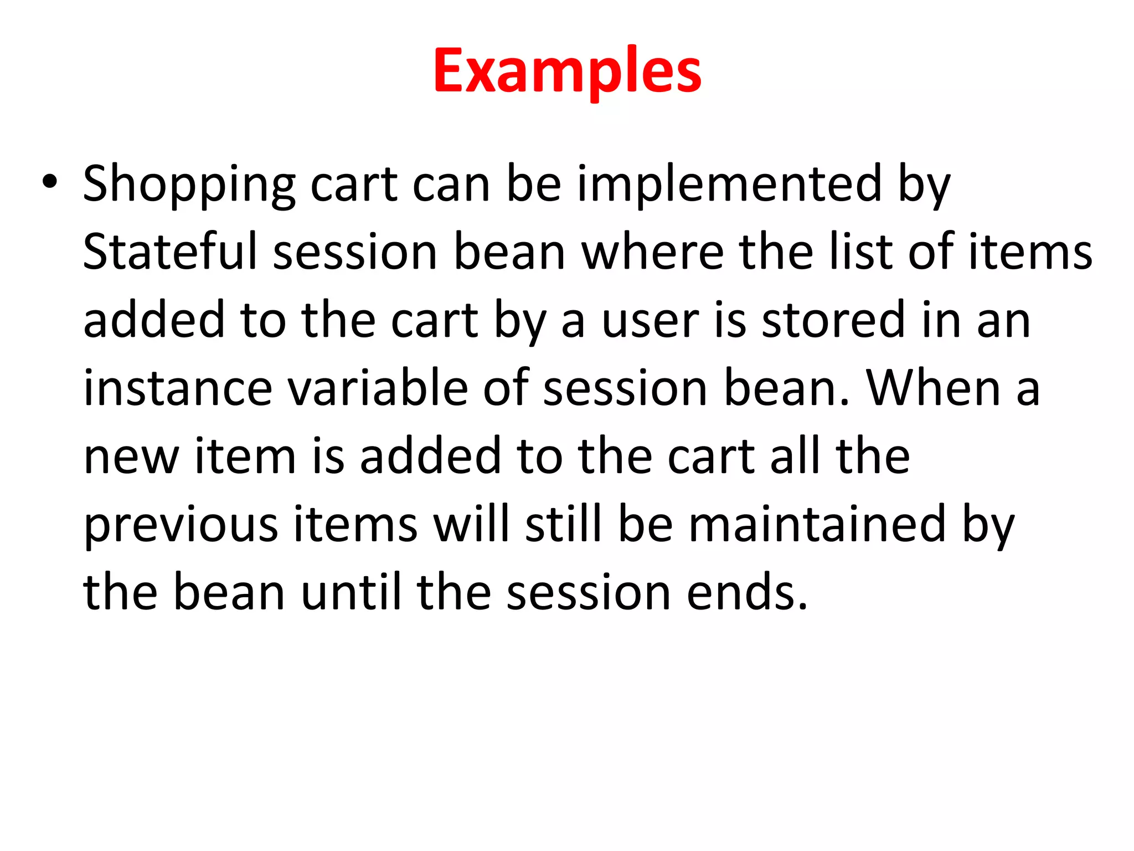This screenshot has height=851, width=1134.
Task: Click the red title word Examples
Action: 567,71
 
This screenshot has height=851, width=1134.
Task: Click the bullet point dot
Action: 49,183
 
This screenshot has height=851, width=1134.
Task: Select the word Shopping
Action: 189,185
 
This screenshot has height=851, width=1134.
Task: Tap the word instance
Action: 178,388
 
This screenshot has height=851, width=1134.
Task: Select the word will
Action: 471,524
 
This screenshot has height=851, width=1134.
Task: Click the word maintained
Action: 817,524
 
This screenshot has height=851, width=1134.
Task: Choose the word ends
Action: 747,592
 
